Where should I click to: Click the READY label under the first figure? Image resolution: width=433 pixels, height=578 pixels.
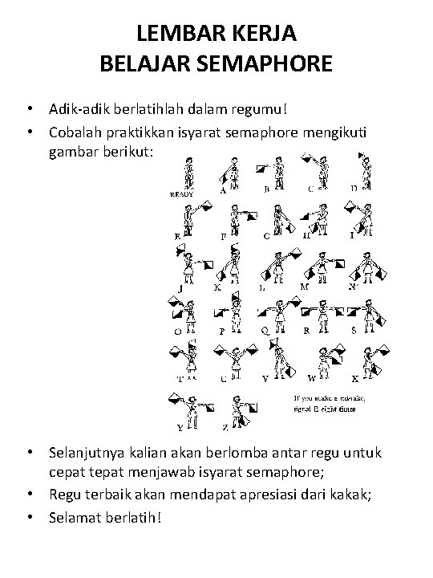[x=183, y=194]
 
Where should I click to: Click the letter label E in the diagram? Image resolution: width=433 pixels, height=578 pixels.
[x=176, y=237]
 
